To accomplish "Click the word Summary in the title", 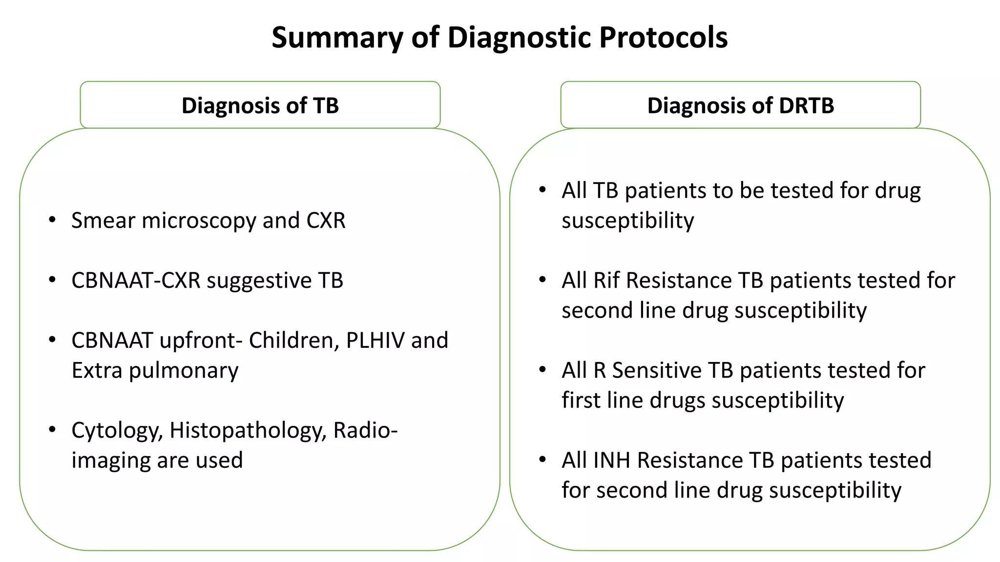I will (337, 38).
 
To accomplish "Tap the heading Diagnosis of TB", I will (260, 105).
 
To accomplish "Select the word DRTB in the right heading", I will (806, 105).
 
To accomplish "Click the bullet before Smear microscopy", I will (52, 220).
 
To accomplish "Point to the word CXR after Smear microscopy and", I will (326, 221).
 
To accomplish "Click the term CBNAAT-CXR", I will (136, 281).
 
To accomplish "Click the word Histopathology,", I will (248, 430).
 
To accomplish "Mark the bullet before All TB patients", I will (542, 190).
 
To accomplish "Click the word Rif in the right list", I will (605, 281).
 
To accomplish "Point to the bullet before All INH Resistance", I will (542, 460).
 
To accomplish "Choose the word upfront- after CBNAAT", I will (201, 341).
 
